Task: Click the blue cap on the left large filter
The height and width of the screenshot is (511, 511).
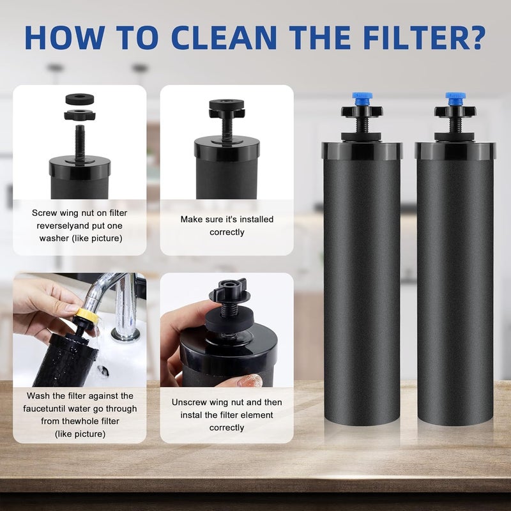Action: point(362,98)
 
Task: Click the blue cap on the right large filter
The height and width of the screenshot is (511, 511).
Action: point(455,98)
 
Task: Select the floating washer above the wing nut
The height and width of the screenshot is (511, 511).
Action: point(79,99)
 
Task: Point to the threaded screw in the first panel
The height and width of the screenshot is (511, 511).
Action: point(80,142)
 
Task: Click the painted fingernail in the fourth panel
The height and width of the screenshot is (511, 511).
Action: point(250,381)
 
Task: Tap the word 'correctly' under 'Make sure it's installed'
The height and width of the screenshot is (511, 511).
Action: point(227,232)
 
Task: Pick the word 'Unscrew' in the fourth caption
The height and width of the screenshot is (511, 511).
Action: point(187,402)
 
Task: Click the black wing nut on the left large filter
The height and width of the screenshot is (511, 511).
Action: point(362,112)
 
